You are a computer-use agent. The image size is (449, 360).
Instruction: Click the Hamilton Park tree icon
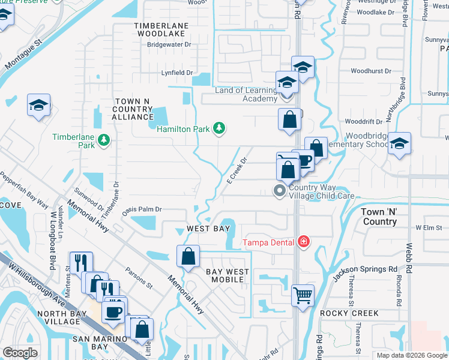tap(220, 128)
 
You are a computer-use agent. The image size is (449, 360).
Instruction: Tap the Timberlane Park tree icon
tap(104, 140)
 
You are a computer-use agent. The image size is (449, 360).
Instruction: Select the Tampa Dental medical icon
tap(304, 242)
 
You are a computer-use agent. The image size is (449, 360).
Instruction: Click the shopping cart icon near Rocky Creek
tap(303, 295)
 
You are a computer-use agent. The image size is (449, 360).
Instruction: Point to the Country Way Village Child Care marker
tap(279, 191)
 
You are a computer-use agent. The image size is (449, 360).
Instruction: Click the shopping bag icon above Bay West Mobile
tap(188, 256)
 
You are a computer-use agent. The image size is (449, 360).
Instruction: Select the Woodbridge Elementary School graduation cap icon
tap(399, 144)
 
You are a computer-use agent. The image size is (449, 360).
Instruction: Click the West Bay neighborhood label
tap(200, 229)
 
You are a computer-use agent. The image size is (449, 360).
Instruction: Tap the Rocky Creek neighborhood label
tap(349, 313)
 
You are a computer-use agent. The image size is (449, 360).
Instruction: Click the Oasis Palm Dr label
tap(142, 209)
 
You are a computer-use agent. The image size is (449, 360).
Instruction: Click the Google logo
tap(20, 353)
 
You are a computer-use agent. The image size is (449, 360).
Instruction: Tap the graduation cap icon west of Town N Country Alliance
tap(38, 106)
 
